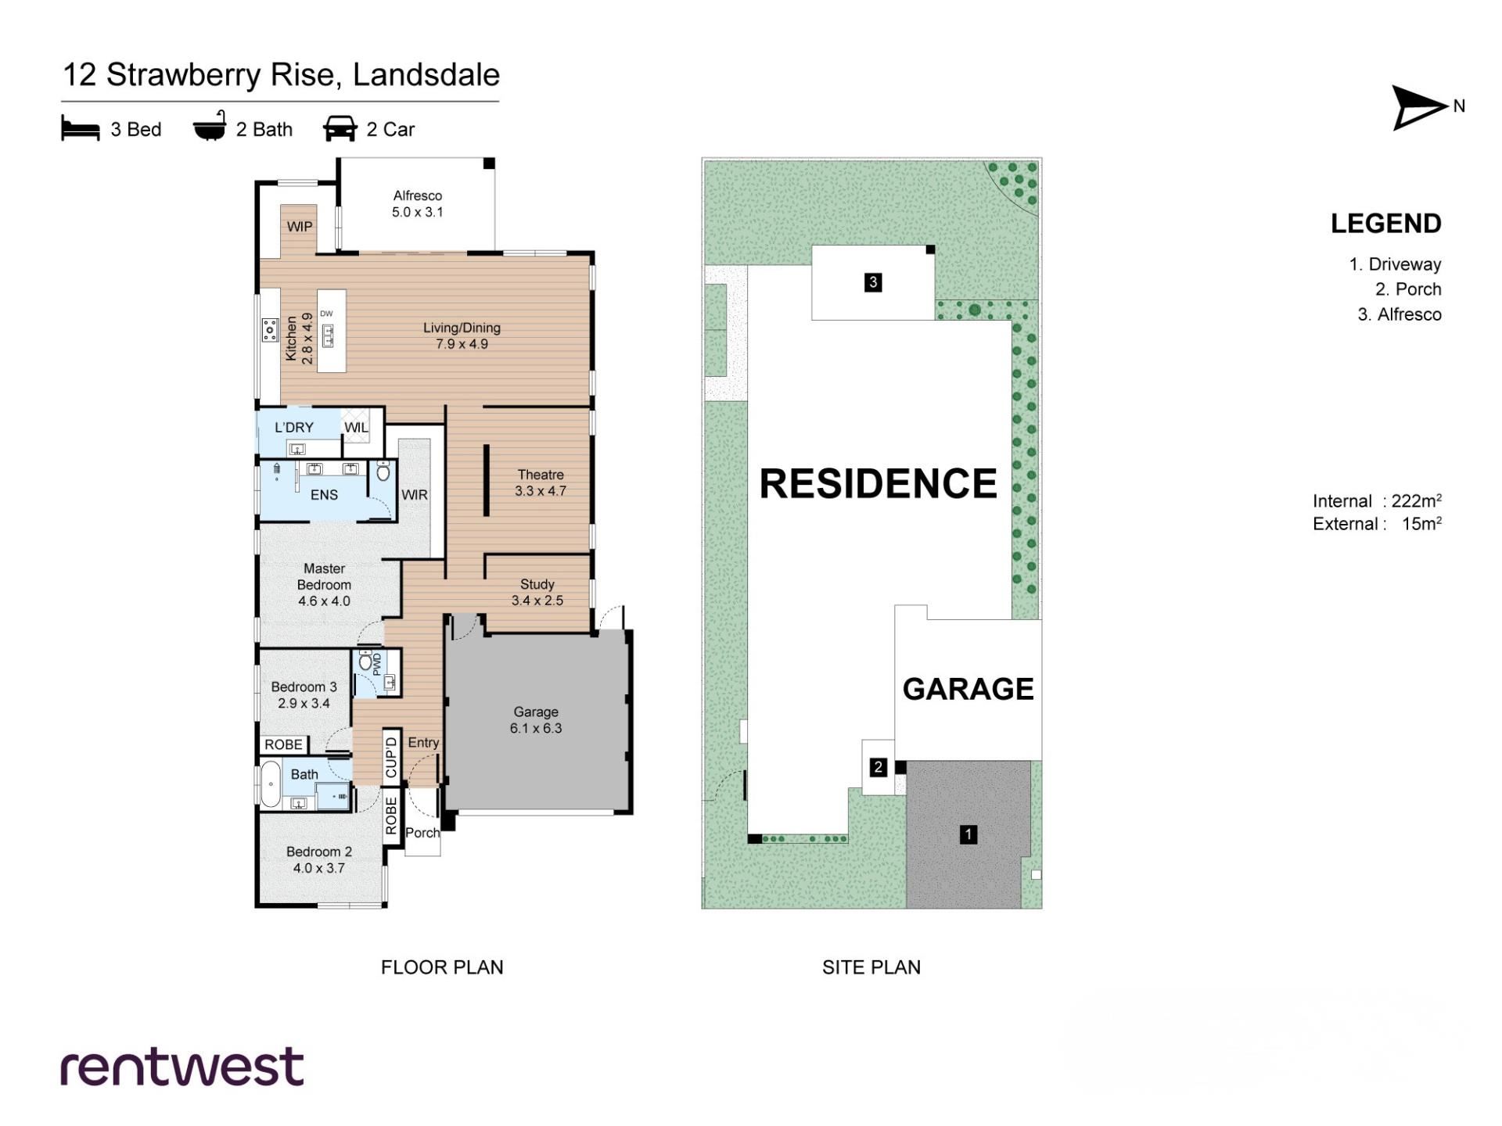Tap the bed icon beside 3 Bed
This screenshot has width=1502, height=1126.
pos(81,129)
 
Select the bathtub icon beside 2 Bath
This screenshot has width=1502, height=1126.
pos(210,127)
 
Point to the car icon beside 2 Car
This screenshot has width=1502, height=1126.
pos(340,129)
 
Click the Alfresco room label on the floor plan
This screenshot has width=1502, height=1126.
pos(417,204)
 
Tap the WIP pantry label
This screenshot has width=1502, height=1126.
pos(300,227)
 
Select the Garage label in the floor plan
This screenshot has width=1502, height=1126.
pos(536,720)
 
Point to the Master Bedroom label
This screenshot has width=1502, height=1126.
pos(324,585)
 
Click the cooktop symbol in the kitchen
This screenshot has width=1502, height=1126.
pos(270,330)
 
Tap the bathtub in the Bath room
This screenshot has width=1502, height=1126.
pos(270,784)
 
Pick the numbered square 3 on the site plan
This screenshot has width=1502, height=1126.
pos(873,282)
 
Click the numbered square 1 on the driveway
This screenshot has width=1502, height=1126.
pos(968,834)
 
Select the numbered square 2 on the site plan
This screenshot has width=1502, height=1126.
pos(878,768)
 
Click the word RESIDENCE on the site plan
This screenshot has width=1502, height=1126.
pos(879,483)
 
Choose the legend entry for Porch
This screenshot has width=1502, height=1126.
pos(1408,289)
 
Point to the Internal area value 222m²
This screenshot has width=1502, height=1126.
pos(1417,500)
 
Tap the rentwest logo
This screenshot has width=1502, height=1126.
pos(182,1067)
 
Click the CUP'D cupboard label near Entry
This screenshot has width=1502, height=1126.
pos(391,756)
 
